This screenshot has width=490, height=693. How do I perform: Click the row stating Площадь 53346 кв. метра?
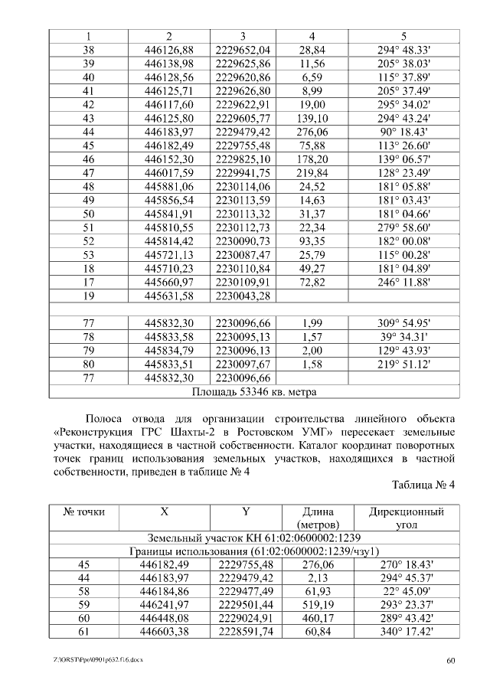[254, 392]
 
